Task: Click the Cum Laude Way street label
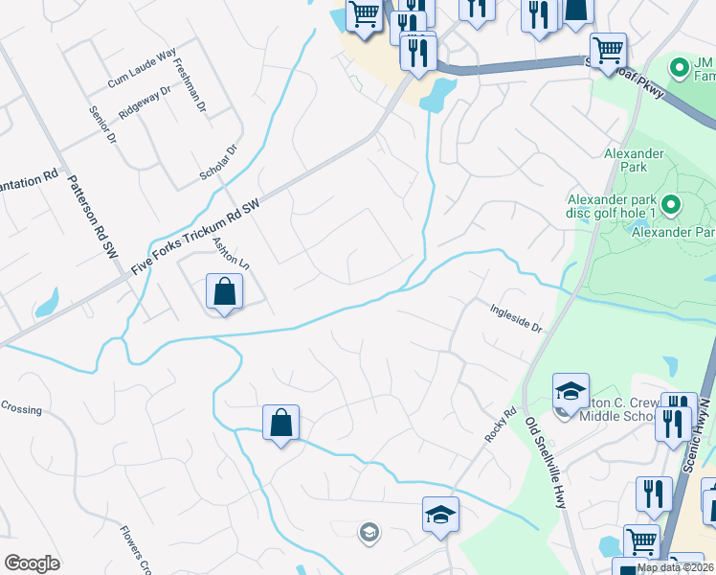(142, 69)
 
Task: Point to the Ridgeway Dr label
(145, 103)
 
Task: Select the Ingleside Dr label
(516, 318)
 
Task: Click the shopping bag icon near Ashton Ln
(223, 291)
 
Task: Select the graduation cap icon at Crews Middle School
(570, 390)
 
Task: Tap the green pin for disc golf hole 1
(671, 203)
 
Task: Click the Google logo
(32, 563)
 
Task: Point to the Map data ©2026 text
(676, 567)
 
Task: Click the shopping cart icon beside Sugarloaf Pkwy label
(608, 50)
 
